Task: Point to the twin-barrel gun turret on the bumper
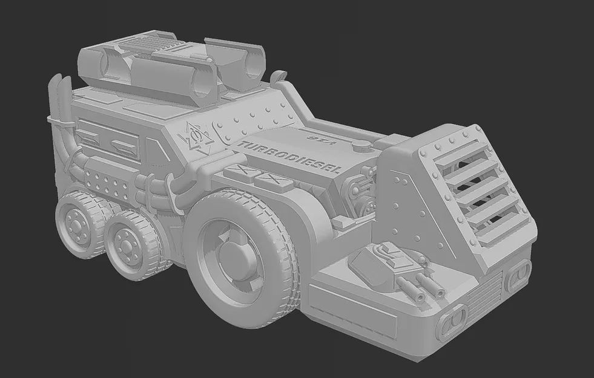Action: (x=397, y=267)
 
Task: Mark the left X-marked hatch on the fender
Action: (x=239, y=172)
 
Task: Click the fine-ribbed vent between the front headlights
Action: (x=484, y=297)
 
